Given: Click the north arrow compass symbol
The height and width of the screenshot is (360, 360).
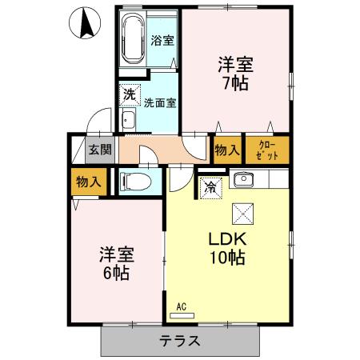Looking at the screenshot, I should tap(83, 22).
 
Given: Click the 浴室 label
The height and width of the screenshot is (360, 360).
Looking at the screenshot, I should tap(163, 40).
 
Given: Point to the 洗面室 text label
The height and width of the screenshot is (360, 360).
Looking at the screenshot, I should tap(160, 102).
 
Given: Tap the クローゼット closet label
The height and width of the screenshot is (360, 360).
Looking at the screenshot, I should tap(266, 149).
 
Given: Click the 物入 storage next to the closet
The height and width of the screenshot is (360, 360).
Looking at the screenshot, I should tap(227, 149).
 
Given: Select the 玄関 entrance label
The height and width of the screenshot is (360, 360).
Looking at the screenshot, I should tap(100, 150).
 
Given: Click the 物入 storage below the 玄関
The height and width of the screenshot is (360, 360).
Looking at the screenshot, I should tap(88, 182).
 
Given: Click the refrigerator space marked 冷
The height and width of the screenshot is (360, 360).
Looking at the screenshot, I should tap(210, 187).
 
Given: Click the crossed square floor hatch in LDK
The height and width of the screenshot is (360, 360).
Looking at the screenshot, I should tap(242, 214).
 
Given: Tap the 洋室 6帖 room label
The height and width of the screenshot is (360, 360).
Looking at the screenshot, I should tap(116, 263).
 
